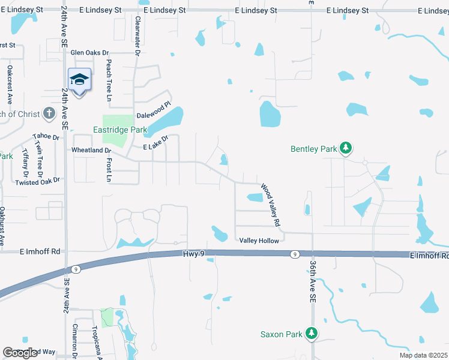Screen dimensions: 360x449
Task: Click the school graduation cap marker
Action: tap(79, 79)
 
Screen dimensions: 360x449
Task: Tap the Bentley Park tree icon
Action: tap(346, 148)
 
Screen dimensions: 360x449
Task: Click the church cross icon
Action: tap(49, 113)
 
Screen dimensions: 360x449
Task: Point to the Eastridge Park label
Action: tap(120, 130)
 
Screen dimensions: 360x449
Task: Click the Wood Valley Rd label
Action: tap(271, 205)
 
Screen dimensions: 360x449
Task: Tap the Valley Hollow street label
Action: tap(259, 241)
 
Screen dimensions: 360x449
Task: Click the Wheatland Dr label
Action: tap(92, 151)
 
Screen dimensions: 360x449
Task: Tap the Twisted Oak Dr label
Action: tap(38, 181)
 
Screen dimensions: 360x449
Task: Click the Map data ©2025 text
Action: tap(423, 355)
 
